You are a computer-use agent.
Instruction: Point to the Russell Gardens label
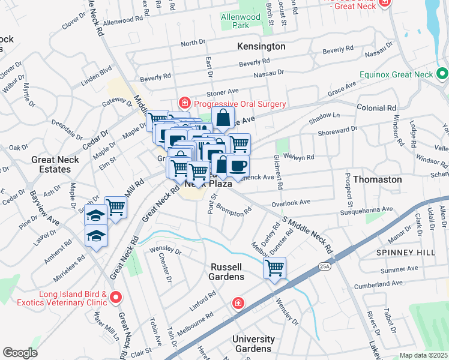(226, 271)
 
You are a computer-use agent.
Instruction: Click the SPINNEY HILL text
(405, 253)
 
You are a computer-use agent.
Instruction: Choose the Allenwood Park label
(241, 22)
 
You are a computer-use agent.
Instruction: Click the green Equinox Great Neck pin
(442, 75)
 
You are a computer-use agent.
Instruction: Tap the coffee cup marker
(238, 166)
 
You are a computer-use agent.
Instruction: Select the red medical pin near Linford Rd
(239, 304)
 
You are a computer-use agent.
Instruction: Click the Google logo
(20, 353)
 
